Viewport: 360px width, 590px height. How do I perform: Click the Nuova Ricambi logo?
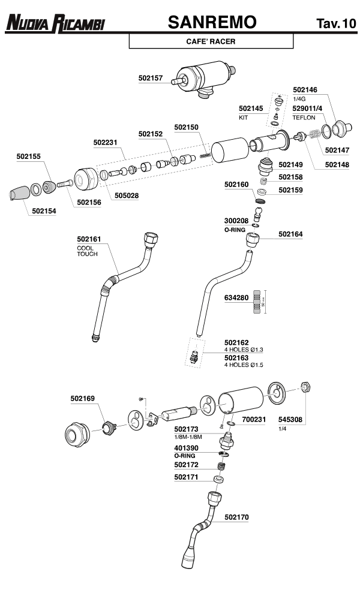tap(55, 23)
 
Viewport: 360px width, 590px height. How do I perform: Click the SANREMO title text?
tap(212, 23)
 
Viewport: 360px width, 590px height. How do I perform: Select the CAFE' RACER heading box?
tap(211, 41)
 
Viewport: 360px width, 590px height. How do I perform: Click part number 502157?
tap(151, 78)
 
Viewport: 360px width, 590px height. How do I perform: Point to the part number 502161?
tap(89, 240)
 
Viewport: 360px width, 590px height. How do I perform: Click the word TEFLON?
tap(304, 118)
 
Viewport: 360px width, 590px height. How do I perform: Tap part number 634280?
tap(236, 297)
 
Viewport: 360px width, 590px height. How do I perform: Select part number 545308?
tap(290, 420)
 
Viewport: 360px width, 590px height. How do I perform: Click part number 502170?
tap(236, 516)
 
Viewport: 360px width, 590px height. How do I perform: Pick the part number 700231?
tap(254, 420)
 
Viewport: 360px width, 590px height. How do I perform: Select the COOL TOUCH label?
tap(87, 251)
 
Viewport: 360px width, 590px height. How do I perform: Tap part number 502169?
tap(82, 398)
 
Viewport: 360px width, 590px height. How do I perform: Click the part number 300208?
tap(236, 221)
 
